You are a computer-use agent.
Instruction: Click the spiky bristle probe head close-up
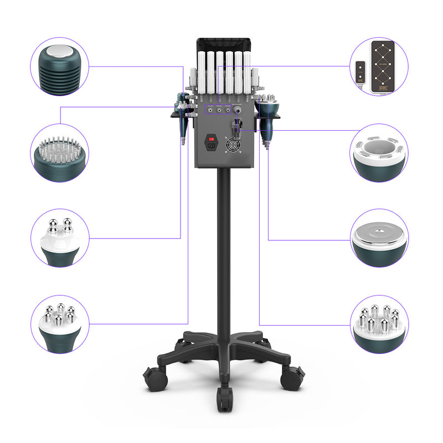click(x=60, y=153)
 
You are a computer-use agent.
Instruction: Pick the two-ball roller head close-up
click(x=60, y=239)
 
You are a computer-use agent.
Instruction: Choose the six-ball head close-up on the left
click(x=60, y=323)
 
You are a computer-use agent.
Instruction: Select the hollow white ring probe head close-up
click(x=379, y=153)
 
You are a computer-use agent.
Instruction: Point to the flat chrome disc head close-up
click(x=379, y=239)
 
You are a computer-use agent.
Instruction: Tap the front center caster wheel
click(x=224, y=398)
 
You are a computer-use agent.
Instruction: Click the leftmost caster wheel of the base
click(x=154, y=378)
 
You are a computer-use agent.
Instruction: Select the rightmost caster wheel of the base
click(x=291, y=378)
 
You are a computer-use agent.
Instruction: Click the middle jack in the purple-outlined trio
click(x=219, y=110)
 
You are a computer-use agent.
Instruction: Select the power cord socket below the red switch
click(x=211, y=147)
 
